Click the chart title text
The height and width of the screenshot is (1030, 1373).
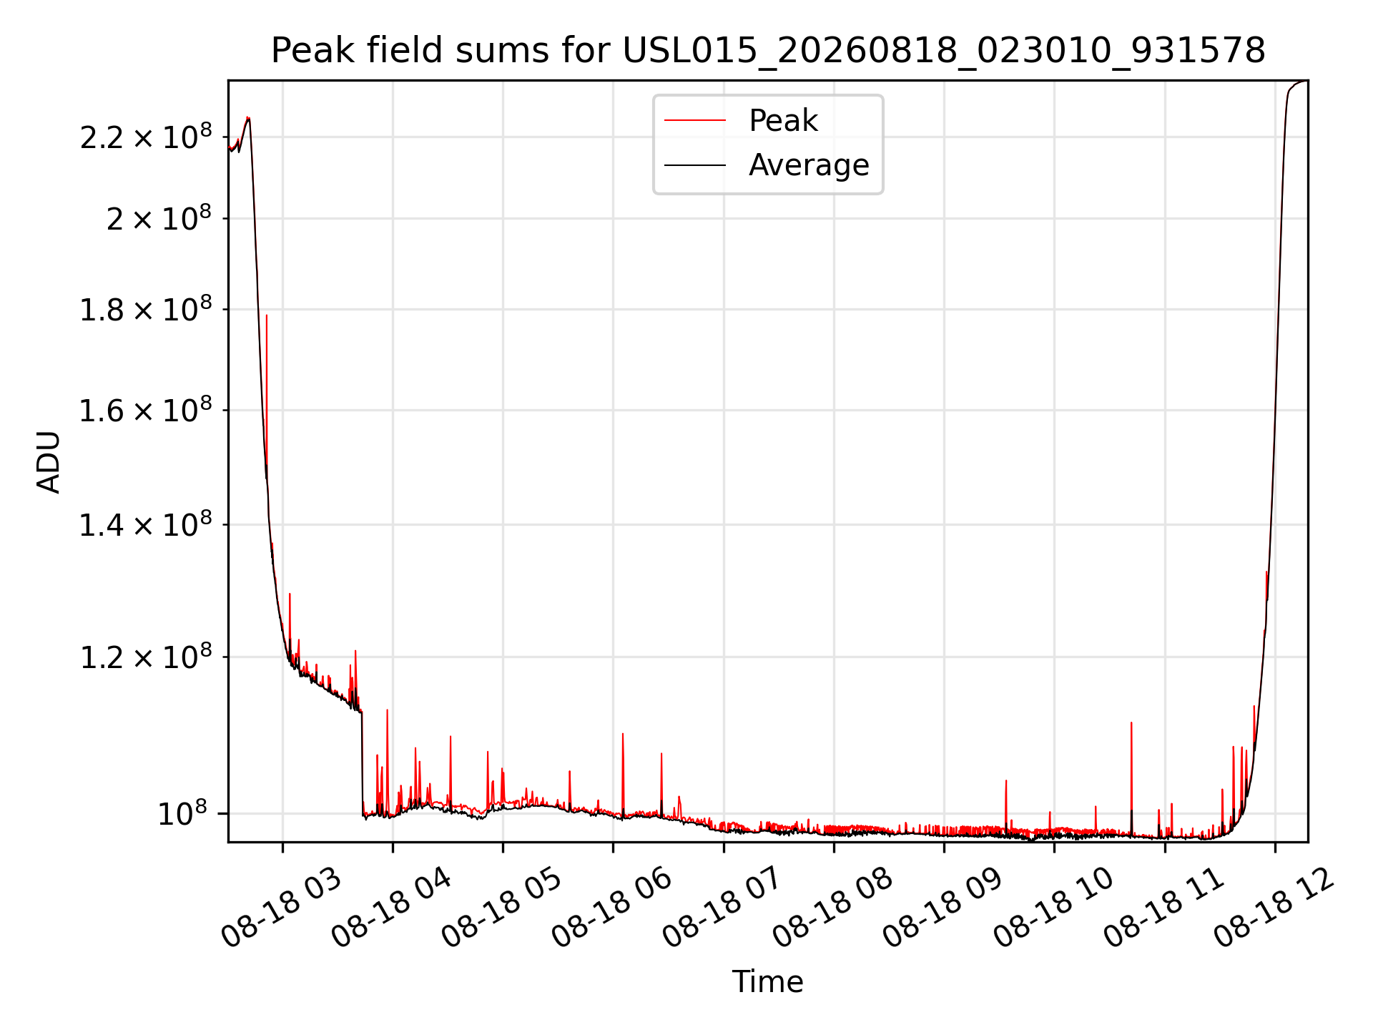pos(768,51)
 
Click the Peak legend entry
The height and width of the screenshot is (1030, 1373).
pos(783,120)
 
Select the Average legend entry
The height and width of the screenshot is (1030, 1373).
pos(809,165)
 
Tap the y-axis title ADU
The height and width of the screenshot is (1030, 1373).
pos(49,461)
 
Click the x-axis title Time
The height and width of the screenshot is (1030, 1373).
pos(767,981)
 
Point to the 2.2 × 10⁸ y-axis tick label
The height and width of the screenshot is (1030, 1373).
pos(146,136)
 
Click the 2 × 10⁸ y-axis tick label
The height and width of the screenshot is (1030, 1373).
pos(159,217)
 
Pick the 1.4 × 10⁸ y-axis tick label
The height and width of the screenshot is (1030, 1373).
pos(146,524)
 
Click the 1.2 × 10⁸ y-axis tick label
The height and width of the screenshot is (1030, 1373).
pos(146,656)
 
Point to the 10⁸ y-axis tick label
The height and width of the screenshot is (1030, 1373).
pos(182,813)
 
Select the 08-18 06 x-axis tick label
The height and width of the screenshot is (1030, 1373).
pos(613,908)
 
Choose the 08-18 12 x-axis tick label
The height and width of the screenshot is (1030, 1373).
pos(1275,908)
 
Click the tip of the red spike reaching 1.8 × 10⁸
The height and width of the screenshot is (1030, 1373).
pos(267,315)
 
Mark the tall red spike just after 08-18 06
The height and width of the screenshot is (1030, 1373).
pos(623,734)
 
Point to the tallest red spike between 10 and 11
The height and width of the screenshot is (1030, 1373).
pos(1131,723)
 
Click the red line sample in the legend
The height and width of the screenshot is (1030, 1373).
pos(695,121)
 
